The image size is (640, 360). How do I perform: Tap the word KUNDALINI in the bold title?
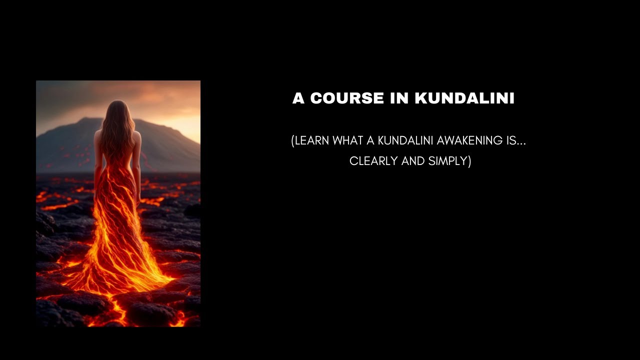pos(464,98)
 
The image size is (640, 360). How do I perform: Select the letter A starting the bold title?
pos(298,98)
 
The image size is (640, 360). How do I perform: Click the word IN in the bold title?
pos(399,98)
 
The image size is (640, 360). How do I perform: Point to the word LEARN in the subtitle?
pos(312,141)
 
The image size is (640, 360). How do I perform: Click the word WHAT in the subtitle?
pos(348,141)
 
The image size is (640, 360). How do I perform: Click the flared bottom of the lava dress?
pos(120,272)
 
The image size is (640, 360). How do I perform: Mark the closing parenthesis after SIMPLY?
pos(469,161)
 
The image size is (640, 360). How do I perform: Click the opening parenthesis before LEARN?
pos(292,141)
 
